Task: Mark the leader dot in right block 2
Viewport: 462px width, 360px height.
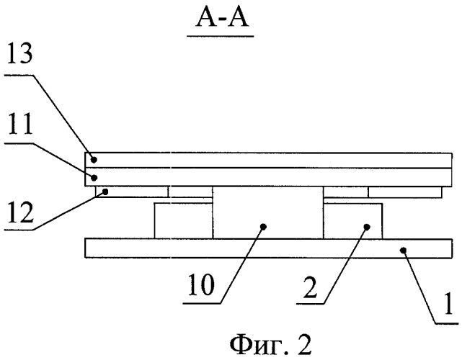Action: coord(366,227)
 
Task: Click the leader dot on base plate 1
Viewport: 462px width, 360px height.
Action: coord(405,248)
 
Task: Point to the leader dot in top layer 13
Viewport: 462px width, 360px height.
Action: coord(92,160)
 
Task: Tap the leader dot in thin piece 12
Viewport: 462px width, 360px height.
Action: coord(105,192)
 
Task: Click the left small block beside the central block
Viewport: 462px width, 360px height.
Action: coord(183,221)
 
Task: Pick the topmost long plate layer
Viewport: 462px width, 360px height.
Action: coord(270,160)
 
